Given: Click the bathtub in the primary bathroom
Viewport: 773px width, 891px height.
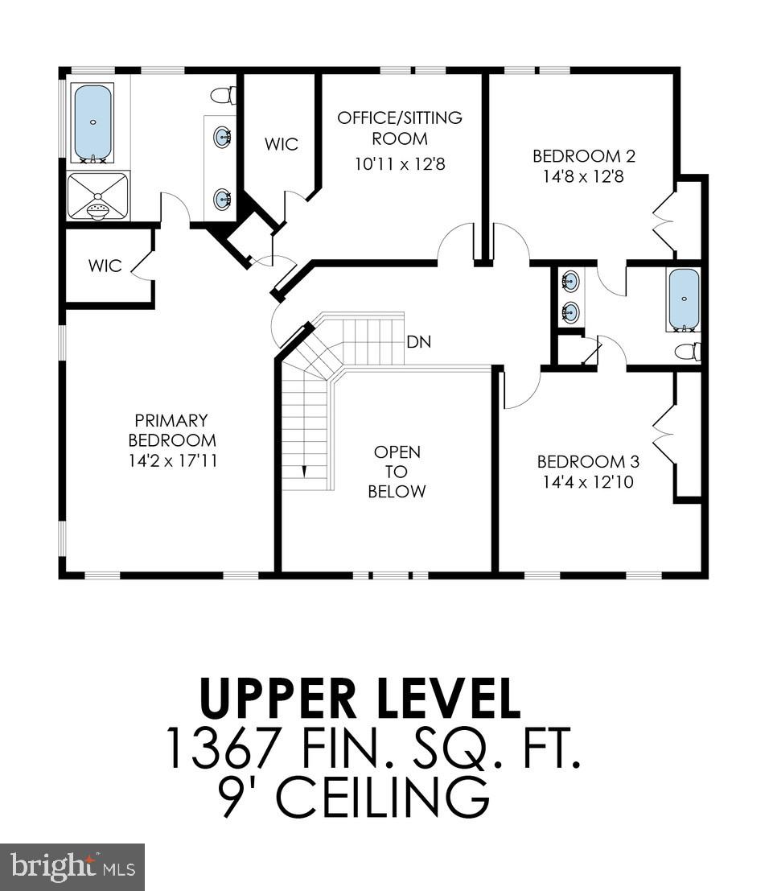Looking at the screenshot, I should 93,123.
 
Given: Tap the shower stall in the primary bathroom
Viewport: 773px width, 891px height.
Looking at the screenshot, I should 97,196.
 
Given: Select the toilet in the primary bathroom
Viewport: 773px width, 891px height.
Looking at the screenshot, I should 224,95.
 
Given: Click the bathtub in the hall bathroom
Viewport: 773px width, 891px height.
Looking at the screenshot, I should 684,299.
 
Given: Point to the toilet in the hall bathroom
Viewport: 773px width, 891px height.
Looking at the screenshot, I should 689,352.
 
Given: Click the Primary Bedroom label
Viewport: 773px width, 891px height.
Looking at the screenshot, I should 171,431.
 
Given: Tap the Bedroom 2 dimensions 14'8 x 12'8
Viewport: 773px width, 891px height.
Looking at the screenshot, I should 578,176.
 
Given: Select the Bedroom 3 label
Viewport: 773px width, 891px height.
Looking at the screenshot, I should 588,461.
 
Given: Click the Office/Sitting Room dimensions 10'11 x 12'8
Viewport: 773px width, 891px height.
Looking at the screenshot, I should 400,164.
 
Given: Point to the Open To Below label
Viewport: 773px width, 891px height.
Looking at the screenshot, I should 397,472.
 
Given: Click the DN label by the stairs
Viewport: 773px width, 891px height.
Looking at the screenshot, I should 418,342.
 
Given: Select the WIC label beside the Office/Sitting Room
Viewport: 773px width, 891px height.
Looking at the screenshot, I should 282,144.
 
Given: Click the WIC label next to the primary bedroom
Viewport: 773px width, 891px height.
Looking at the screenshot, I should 105,265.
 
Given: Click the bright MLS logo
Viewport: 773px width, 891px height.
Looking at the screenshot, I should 72,867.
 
